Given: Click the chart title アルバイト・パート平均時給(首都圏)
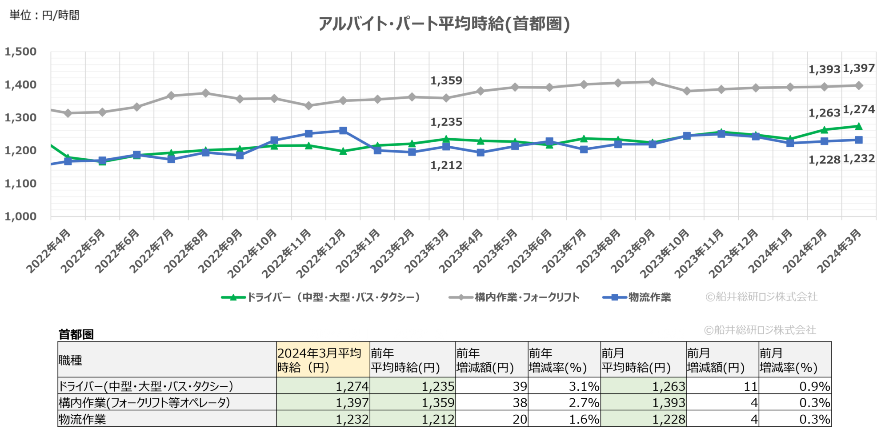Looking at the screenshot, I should [x=444, y=24].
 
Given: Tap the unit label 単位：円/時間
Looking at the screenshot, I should [x=44, y=15].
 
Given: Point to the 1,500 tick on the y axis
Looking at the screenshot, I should [x=20, y=52].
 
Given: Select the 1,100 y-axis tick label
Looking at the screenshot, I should [x=20, y=183].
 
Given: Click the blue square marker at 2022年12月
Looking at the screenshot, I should [x=343, y=131].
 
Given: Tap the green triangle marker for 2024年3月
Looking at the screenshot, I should [x=859, y=126].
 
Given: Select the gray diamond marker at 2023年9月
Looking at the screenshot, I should [x=653, y=82].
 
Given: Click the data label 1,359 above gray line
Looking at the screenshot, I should [x=446, y=80].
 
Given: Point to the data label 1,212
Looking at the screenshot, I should [x=446, y=165].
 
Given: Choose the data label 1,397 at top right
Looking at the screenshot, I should [x=859, y=68].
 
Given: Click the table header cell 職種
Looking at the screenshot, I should [x=70, y=360].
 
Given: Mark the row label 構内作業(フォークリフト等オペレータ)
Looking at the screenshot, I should [x=144, y=403].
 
